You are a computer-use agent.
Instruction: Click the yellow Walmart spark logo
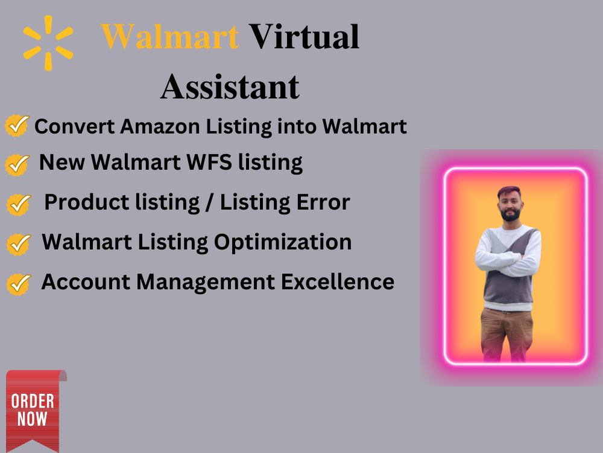(48, 43)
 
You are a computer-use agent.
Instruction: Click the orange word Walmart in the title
(170, 37)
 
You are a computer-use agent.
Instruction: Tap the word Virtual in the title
(305, 37)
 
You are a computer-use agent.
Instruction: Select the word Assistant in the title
(230, 86)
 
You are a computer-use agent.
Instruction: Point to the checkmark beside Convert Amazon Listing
(17, 126)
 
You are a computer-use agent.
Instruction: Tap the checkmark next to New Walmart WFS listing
(18, 163)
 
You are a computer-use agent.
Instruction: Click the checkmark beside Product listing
(18, 204)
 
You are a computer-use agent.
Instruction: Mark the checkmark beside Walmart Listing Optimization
(18, 243)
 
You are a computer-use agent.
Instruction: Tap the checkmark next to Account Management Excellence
(18, 283)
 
